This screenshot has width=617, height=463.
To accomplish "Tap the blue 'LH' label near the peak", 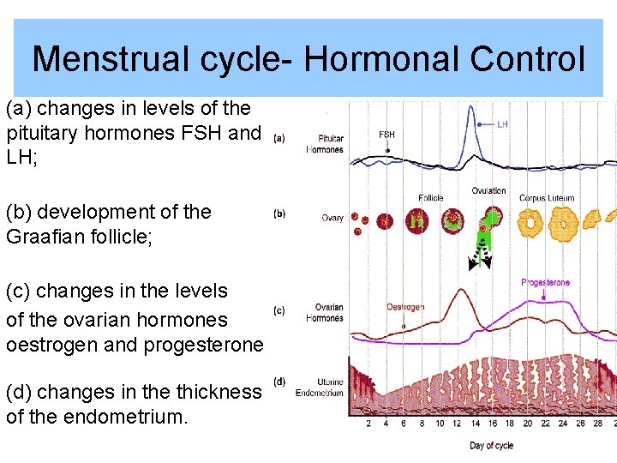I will (x=503, y=124).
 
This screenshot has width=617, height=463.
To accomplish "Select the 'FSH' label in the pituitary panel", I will (x=386, y=135).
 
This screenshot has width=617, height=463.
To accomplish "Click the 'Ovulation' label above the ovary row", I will (x=488, y=190).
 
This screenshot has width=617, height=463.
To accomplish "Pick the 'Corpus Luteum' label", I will (x=547, y=198).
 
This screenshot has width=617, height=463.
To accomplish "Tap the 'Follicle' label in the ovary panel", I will (x=431, y=198).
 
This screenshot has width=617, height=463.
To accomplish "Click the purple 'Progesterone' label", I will (x=545, y=282).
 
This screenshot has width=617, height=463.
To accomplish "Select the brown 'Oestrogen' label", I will (x=405, y=306).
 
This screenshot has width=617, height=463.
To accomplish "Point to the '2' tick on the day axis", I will (x=368, y=424).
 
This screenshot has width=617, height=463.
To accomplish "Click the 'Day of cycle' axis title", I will (x=491, y=445).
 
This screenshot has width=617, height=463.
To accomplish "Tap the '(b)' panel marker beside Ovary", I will (x=279, y=214).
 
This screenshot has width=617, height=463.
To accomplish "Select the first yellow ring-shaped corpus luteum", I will (x=531, y=225).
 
